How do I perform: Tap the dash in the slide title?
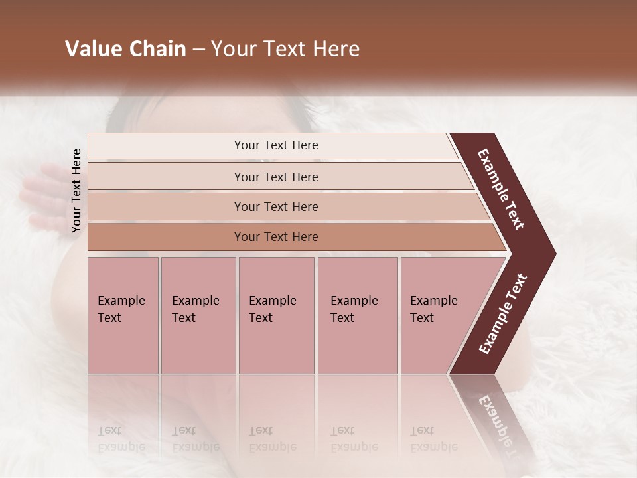coord(198,50)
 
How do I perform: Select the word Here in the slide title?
coord(336,49)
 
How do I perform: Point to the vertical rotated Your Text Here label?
coord(76,191)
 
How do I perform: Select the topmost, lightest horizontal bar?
coord(272,145)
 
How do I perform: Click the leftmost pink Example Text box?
coord(123,315)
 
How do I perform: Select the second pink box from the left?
coord(198,315)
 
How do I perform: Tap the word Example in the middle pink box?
coord(272,301)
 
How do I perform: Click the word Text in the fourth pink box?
coord(342,318)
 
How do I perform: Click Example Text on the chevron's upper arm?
coord(502,189)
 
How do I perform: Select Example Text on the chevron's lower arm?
coord(503,313)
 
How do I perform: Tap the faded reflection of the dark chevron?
coord(494,418)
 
